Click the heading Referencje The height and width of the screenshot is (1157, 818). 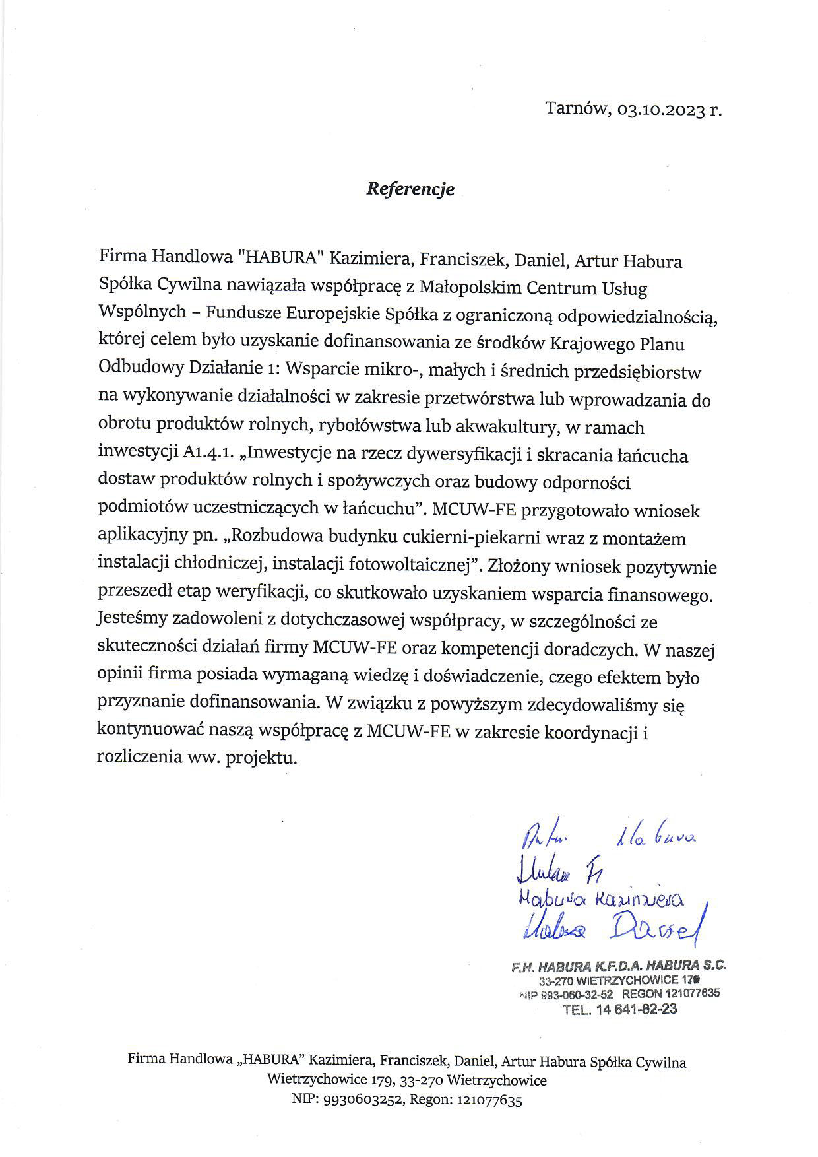click(x=410, y=189)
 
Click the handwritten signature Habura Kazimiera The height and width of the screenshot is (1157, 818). click(x=601, y=900)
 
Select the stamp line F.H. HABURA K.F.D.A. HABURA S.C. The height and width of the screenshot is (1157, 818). click(x=619, y=965)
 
